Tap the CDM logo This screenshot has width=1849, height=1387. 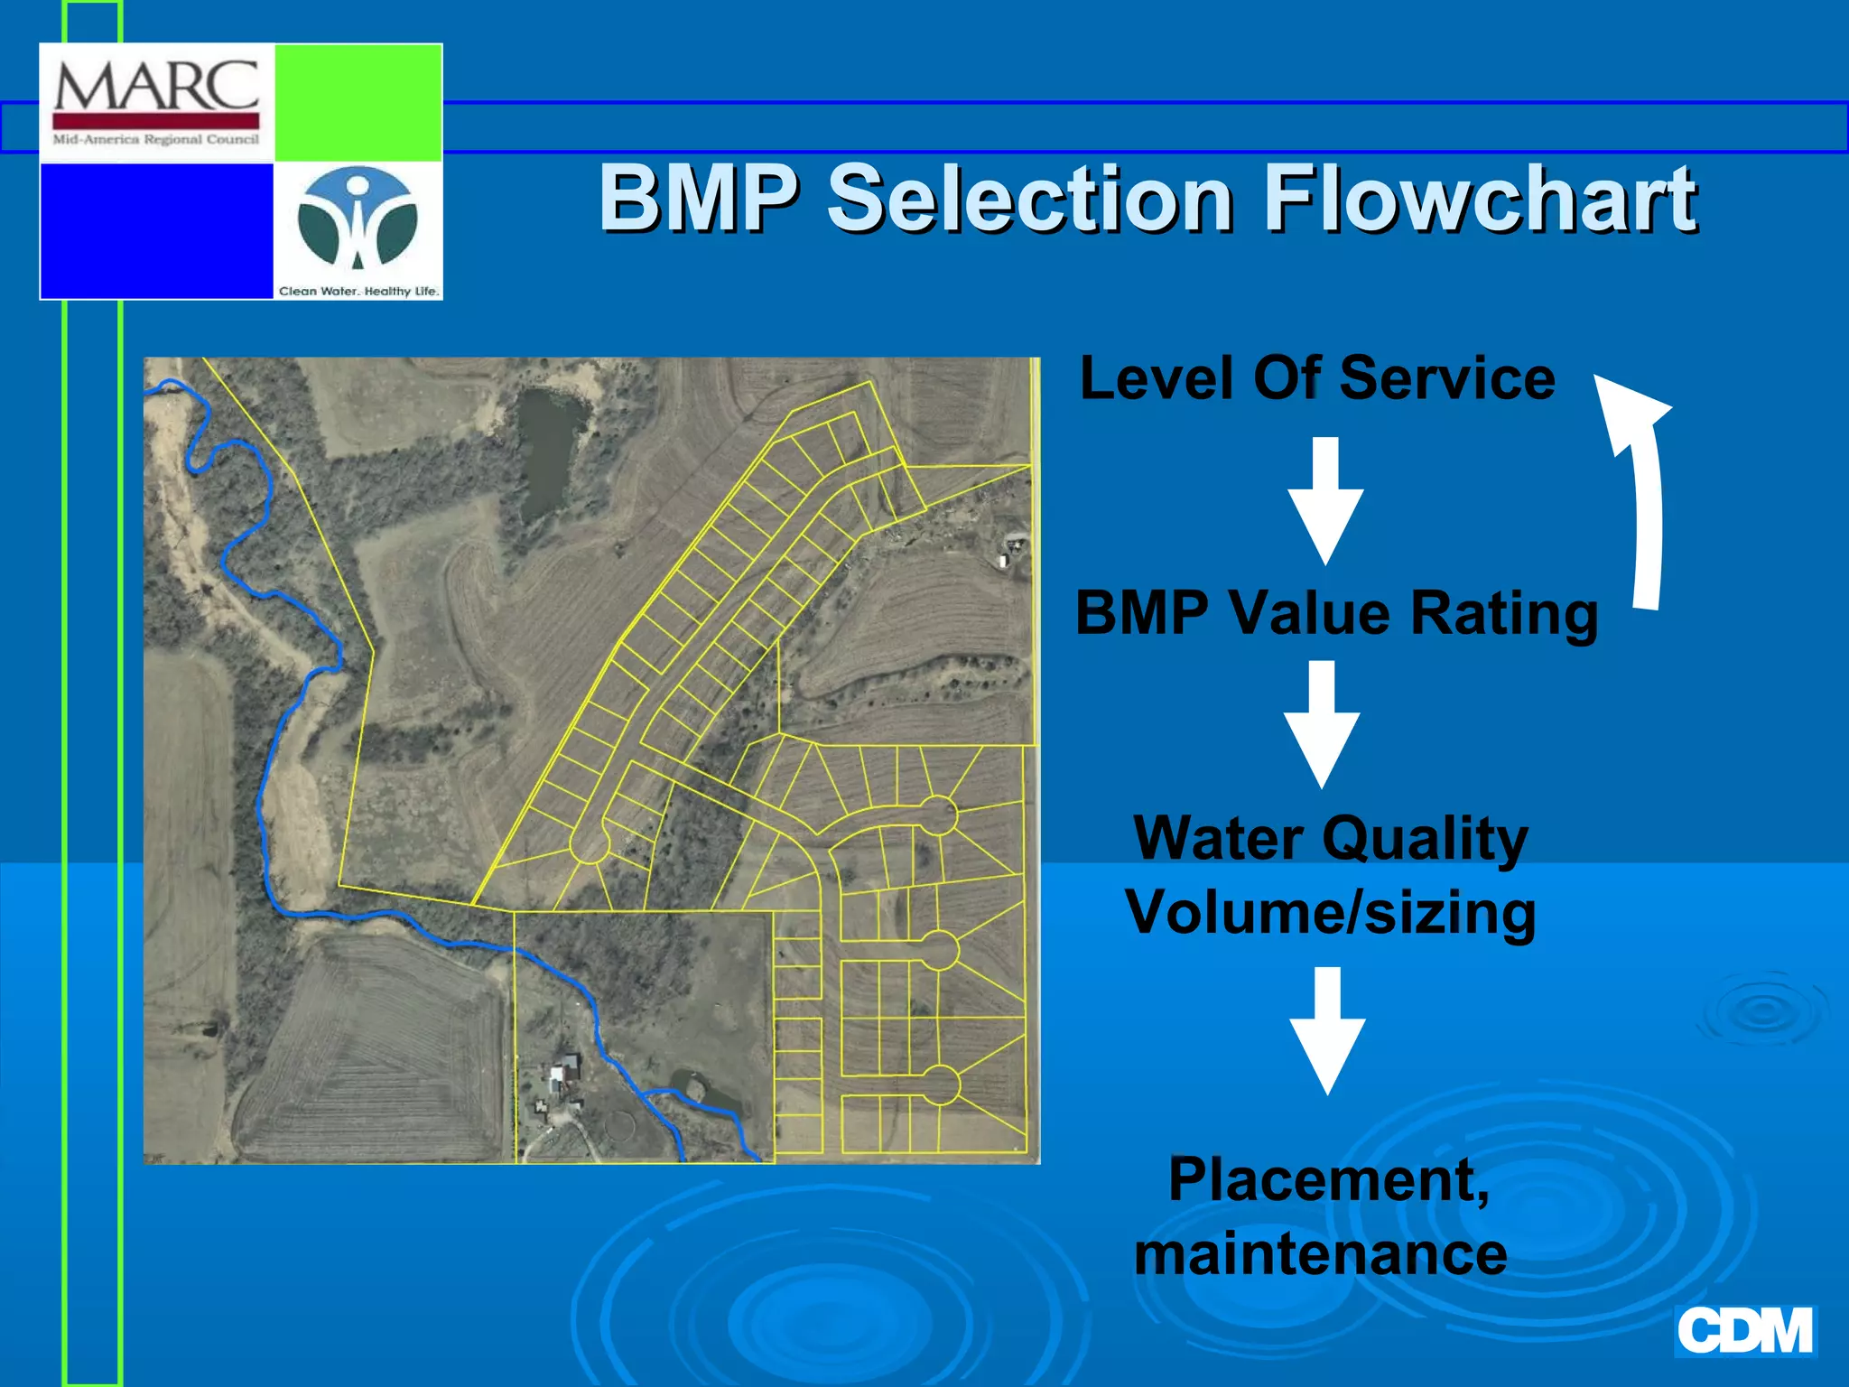1744,1331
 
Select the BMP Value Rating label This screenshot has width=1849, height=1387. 1336,613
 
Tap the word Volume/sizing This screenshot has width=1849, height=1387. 1330,913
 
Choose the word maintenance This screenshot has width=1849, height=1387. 1321,1254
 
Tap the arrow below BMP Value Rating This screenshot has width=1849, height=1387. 1322,722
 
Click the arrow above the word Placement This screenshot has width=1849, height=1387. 1327,1029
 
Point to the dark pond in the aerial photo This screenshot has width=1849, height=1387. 547,447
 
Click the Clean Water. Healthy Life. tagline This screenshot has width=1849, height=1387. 358,291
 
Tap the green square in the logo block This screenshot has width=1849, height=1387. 358,102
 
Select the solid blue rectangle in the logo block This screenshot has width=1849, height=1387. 157,230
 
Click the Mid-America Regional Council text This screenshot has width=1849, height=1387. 156,140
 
